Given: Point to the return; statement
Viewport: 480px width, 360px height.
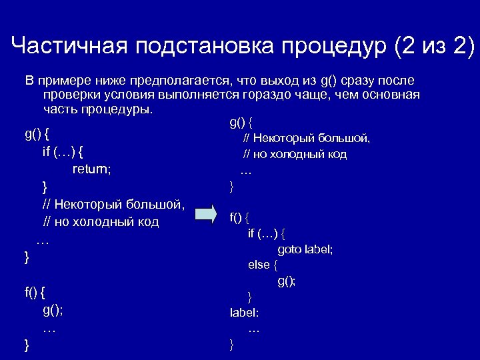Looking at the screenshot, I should coord(92,169).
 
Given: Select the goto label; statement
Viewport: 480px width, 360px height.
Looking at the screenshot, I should coord(305,249).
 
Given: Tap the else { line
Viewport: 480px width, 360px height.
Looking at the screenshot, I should coord(263,265).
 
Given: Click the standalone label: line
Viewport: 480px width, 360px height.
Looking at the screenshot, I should coord(245,312).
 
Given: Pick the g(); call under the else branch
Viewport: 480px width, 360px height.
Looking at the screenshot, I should coord(287,281).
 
